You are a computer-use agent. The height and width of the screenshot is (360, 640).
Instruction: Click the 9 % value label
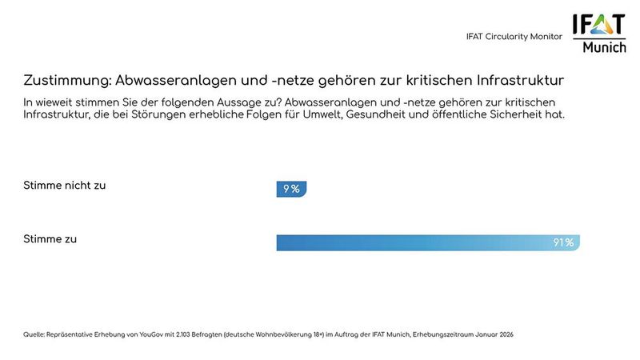tap(291, 190)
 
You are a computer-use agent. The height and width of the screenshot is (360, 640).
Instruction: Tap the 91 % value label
tap(563, 242)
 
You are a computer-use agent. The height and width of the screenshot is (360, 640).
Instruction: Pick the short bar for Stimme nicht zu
tap(280, 190)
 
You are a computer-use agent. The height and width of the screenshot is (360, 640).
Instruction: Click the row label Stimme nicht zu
tap(65, 186)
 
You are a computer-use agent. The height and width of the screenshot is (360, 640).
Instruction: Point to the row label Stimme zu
tap(50, 238)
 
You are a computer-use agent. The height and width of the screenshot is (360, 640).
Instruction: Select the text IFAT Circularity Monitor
tap(514, 37)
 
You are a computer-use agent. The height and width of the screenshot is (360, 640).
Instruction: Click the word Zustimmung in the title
tap(67, 81)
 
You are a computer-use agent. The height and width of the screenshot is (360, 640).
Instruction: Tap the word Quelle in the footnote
tap(34, 334)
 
